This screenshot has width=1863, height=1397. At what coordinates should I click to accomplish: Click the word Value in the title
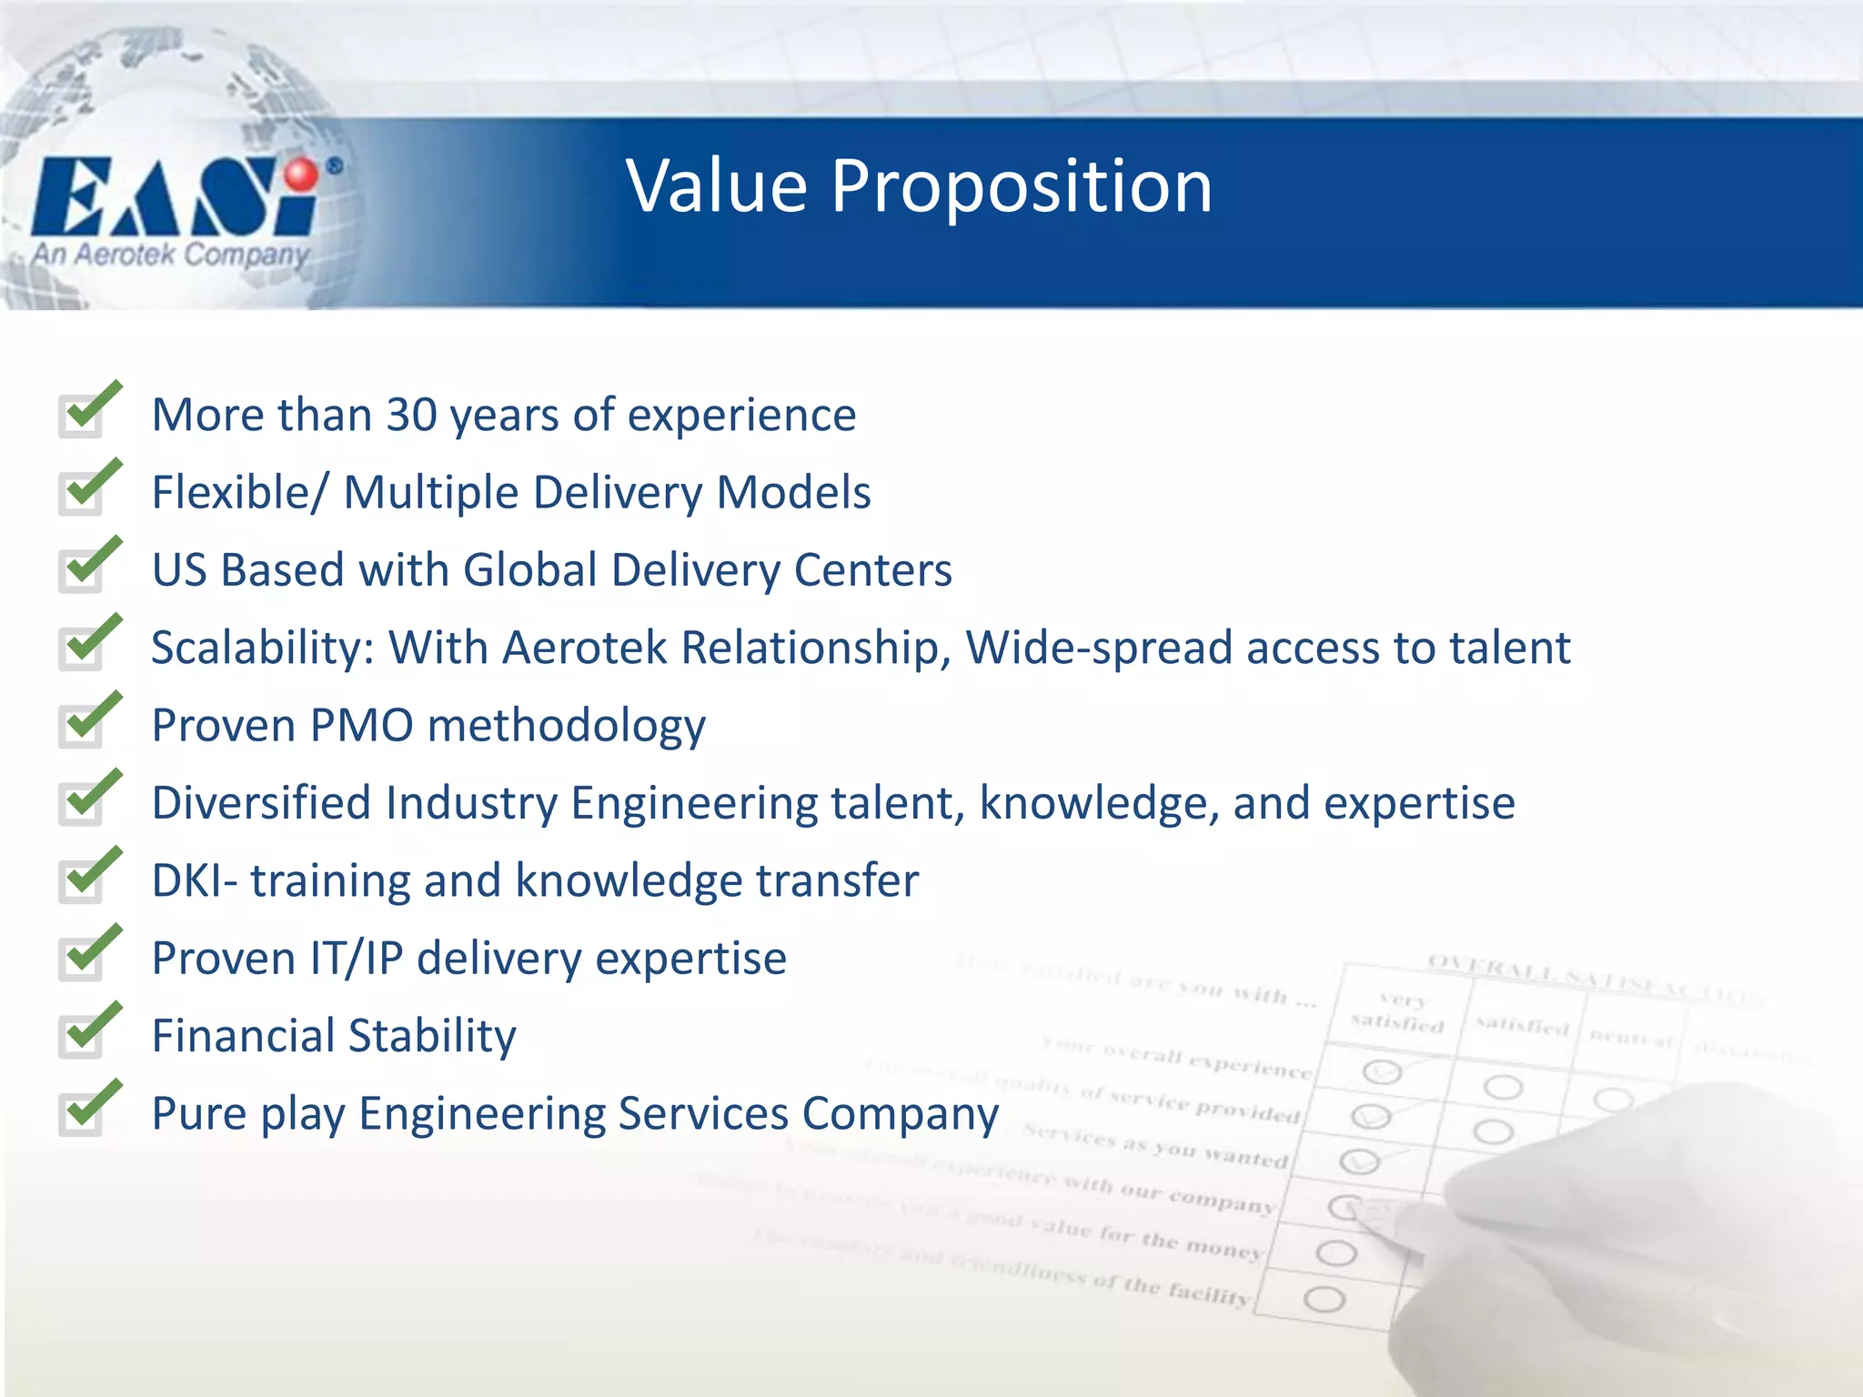tap(717, 186)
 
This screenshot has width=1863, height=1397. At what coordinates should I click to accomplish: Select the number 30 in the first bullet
tap(411, 415)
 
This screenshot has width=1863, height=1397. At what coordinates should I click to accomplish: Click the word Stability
tap(432, 1037)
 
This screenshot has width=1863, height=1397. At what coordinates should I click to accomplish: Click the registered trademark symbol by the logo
tap(335, 166)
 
